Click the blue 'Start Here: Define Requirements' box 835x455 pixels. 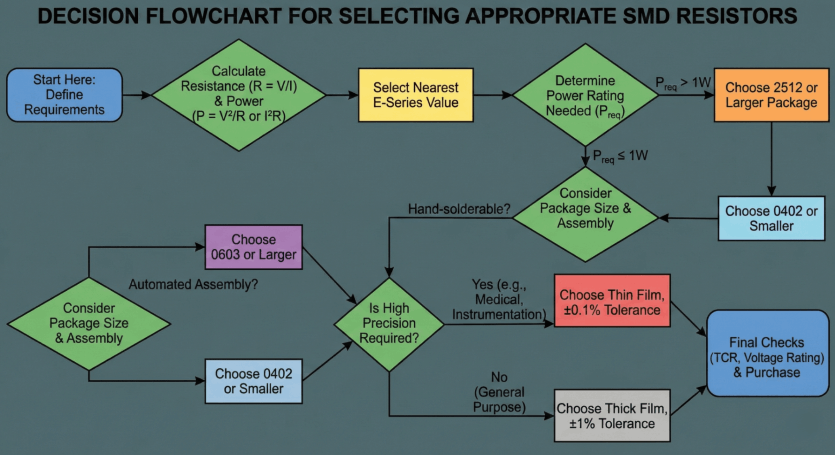[x=64, y=95]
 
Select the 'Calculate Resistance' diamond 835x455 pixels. [x=239, y=95]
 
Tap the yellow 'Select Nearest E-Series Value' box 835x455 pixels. [x=415, y=95]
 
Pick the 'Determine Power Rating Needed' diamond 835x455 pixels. [x=585, y=95]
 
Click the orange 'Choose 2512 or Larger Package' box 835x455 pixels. [x=771, y=95]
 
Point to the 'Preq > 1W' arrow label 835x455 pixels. [x=683, y=83]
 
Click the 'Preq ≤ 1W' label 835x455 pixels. [x=620, y=156]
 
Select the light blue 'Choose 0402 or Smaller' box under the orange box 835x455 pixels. [x=771, y=218]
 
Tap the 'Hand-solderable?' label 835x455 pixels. [x=459, y=209]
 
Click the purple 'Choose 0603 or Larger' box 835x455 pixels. [x=254, y=247]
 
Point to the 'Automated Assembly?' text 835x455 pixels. [x=193, y=284]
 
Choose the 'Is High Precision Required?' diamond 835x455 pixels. [x=389, y=323]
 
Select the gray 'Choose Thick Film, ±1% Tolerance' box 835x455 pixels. [x=612, y=415]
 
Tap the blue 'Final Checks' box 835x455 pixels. [x=767, y=353]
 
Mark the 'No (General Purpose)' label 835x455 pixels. [x=499, y=392]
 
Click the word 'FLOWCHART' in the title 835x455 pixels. [x=214, y=16]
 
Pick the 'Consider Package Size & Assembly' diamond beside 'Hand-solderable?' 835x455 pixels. [x=585, y=214]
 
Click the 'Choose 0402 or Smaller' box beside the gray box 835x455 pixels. [x=254, y=381]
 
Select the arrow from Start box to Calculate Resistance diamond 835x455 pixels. [x=136, y=95]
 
